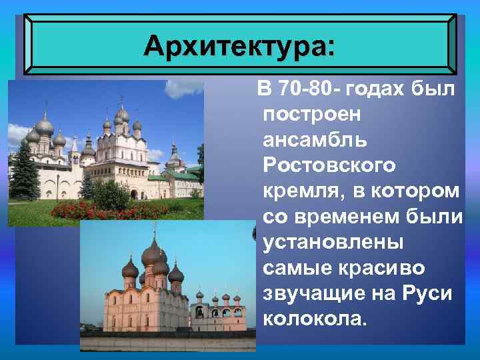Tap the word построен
tap(312, 115)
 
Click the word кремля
tap(297, 191)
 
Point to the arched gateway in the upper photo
tap(133, 194)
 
